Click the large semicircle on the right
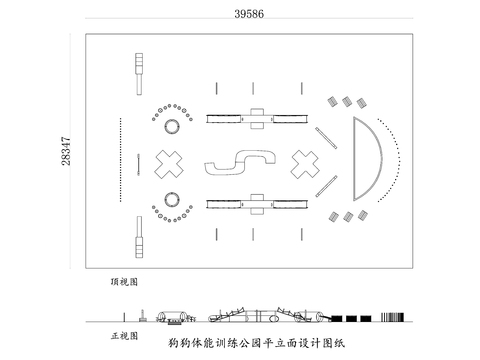[x=366, y=160]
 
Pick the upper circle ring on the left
[x=170, y=127]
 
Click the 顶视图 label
[x=127, y=283]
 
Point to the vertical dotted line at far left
[x=118, y=160]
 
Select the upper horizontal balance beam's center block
[x=256, y=118]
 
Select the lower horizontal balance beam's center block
[x=256, y=204]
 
